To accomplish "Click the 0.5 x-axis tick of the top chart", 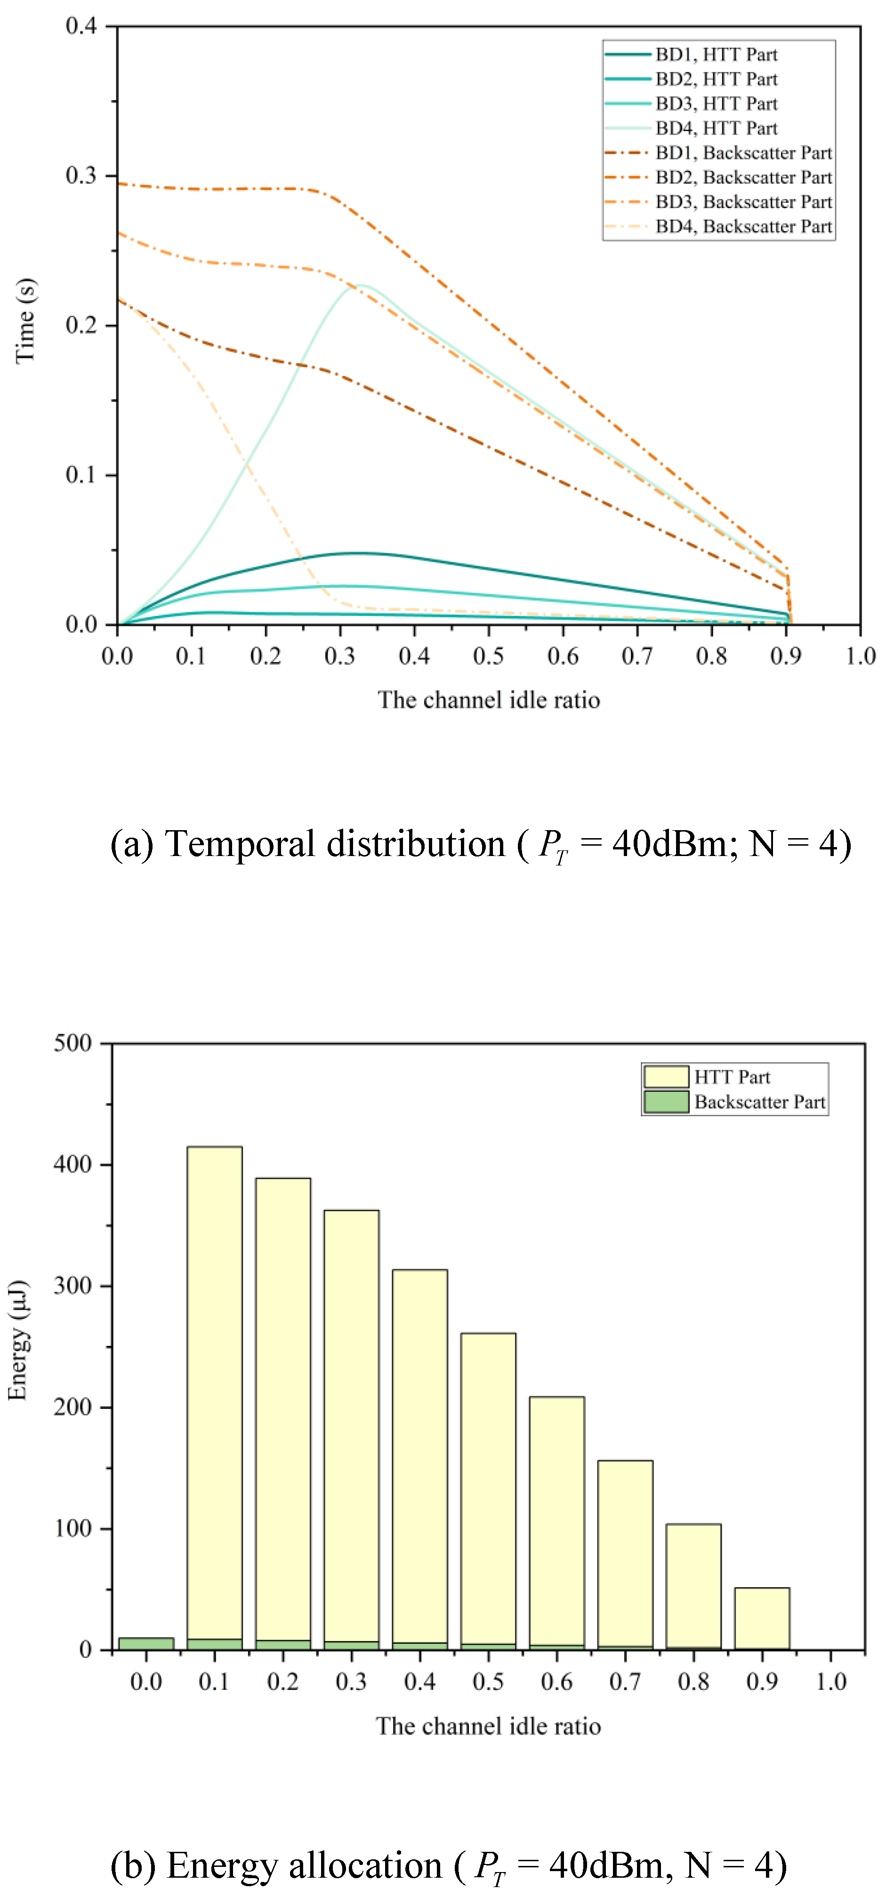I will (488, 656).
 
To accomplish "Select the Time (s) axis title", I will (26, 320).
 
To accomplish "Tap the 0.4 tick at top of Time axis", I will (81, 26).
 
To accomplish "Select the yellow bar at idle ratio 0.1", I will (214, 1392).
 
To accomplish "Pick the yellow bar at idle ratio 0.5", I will (488, 1488).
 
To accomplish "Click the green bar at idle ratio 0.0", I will (146, 1644).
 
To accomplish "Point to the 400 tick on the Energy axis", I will (72, 1164).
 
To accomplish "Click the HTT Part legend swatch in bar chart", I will (666, 1077).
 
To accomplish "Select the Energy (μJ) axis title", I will (18, 1340).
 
